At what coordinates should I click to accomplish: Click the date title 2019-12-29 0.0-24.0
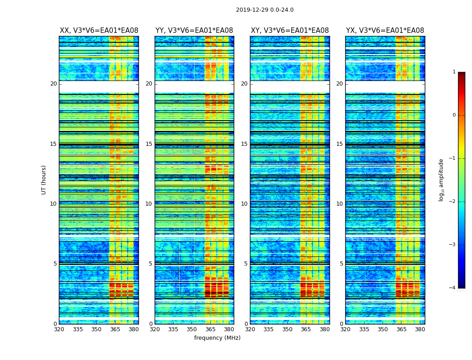(x=265, y=10)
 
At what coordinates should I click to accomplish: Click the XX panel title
(x=99, y=31)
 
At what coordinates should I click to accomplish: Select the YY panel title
(x=194, y=31)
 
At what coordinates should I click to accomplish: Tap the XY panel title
(x=289, y=31)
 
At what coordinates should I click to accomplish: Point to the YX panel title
(x=385, y=31)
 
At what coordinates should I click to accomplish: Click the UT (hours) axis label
(x=44, y=180)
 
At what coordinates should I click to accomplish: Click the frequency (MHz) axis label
(x=217, y=338)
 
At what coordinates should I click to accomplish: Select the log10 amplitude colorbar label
(x=441, y=180)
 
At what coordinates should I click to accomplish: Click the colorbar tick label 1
(x=454, y=72)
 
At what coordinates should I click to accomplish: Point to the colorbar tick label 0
(x=454, y=115)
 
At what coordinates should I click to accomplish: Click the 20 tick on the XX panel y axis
(x=53, y=84)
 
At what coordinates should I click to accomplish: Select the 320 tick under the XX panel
(x=59, y=329)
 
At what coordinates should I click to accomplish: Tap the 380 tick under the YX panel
(x=420, y=329)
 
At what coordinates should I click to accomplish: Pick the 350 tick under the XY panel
(x=287, y=329)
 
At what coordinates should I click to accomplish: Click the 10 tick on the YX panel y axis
(x=339, y=204)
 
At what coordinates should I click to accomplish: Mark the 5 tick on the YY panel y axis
(x=151, y=264)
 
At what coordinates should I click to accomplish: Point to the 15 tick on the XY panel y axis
(x=244, y=144)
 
